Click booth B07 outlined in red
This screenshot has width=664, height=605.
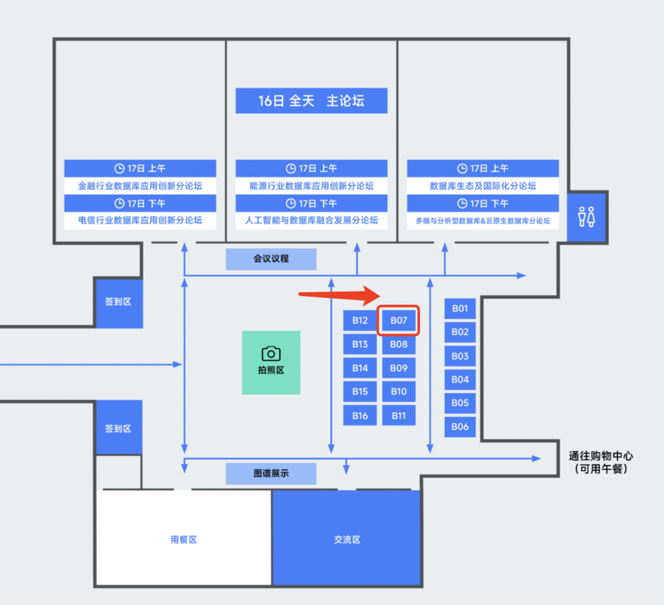point(398,321)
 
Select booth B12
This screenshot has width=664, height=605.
point(360,321)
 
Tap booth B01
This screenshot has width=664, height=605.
point(460,308)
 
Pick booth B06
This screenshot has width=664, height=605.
point(460,426)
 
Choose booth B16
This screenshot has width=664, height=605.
point(360,416)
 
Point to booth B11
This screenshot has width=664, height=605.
point(398,416)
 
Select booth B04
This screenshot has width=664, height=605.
point(460,380)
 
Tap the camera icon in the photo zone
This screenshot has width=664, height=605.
point(271,353)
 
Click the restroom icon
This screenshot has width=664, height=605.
point(586,217)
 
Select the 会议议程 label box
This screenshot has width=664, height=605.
point(271,259)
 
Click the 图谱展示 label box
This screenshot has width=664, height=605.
point(271,474)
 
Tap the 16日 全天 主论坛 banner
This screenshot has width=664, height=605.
point(311,101)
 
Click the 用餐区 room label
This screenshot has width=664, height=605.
point(184,540)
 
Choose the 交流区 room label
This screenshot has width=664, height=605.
point(347,540)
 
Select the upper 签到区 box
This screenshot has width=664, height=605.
point(118,302)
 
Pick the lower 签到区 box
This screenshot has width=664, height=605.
point(118,428)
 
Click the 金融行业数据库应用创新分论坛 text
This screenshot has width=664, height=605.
point(140,185)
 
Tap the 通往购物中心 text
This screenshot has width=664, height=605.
point(600,456)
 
